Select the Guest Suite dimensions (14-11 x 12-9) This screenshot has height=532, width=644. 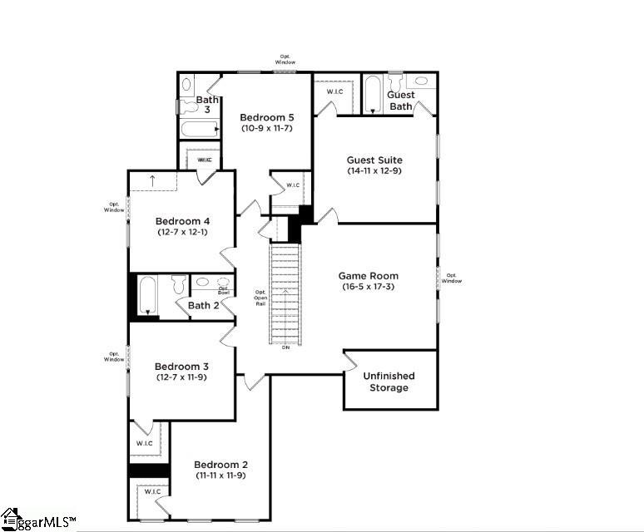(374, 170)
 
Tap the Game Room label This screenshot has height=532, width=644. (368, 275)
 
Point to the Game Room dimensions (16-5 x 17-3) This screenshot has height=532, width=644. (368, 287)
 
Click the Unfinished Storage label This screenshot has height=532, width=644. (389, 382)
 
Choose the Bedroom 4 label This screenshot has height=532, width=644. (182, 220)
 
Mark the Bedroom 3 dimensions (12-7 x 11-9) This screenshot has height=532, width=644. (181, 378)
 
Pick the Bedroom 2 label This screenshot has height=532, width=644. (220, 464)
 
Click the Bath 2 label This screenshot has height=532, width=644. (204, 305)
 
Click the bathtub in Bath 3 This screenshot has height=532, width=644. (199, 128)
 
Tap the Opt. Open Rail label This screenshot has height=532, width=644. (260, 298)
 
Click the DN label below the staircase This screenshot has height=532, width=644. (285, 347)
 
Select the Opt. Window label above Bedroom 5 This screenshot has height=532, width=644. (285, 61)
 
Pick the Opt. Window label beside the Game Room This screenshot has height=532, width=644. (452, 278)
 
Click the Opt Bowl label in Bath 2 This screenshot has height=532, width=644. (224, 290)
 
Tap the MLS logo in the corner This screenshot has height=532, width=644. (37, 520)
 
